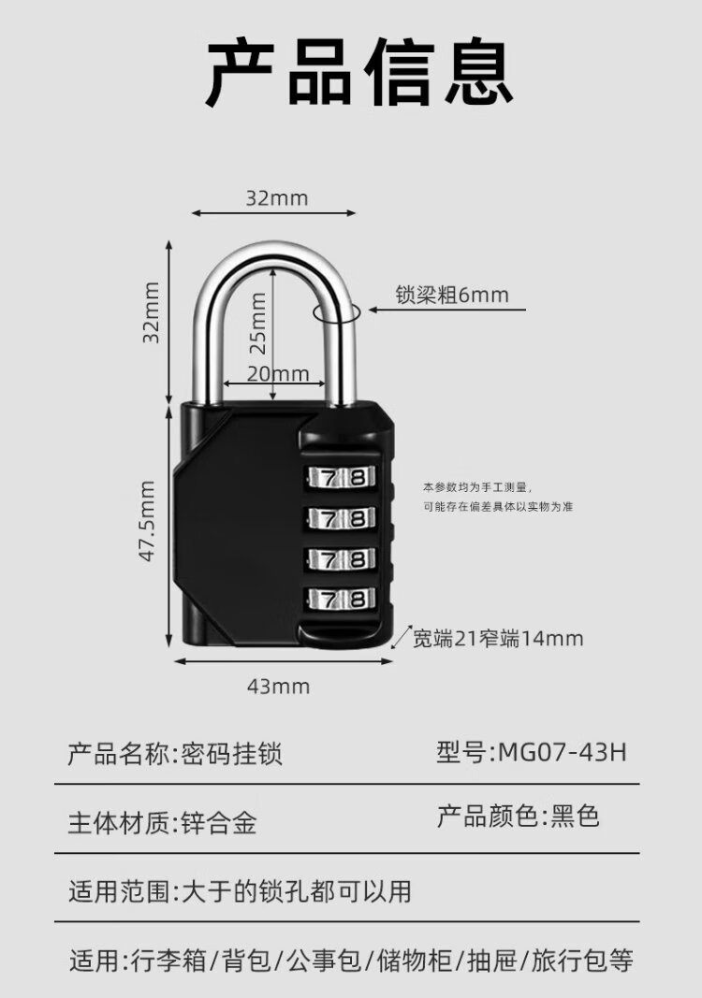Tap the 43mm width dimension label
point(278,687)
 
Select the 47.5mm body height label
point(147,521)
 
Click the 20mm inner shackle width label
point(278,373)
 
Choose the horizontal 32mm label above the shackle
point(277,198)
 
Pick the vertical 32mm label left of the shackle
point(151,312)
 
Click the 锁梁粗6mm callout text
point(452,295)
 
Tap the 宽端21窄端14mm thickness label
point(498,638)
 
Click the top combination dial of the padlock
point(342,477)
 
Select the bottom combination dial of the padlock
point(342,599)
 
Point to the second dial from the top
point(342,517)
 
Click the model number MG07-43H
point(563,752)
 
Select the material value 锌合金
point(219,822)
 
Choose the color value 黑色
point(576,816)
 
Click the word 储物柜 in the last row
point(415,960)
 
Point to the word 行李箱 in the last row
point(168,960)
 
